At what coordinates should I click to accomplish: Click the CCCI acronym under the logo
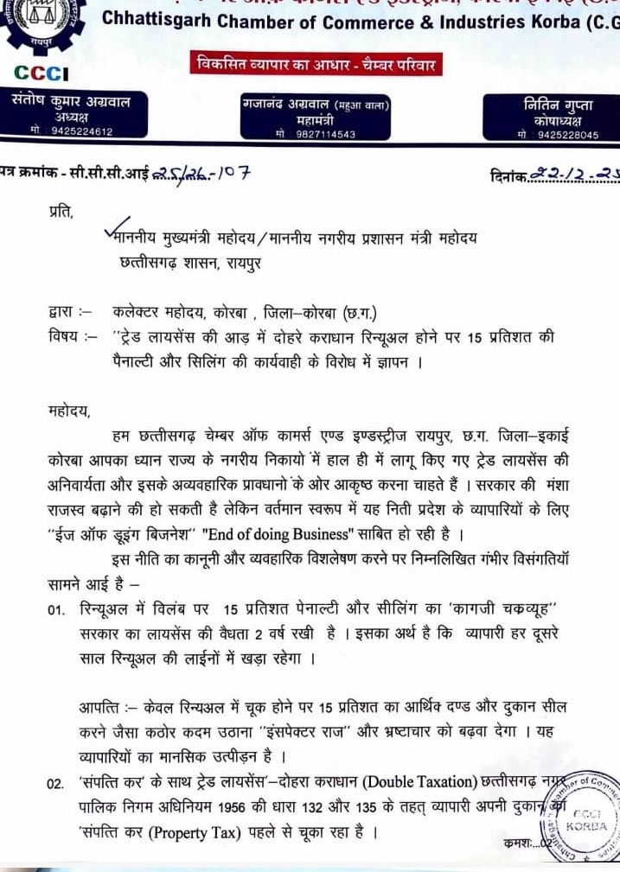click(42, 75)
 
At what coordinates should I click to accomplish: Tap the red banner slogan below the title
click(317, 65)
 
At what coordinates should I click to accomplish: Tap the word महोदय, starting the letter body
click(68, 407)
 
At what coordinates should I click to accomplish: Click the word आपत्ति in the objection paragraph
click(100, 707)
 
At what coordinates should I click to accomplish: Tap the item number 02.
click(57, 784)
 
